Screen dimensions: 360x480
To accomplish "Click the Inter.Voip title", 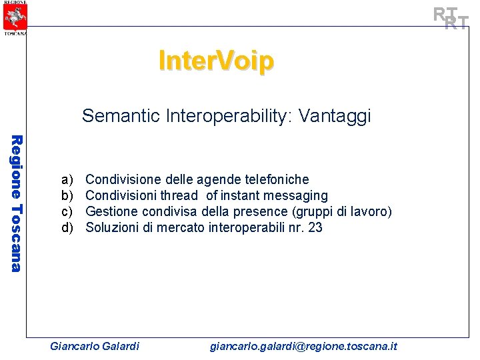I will click(x=216, y=61).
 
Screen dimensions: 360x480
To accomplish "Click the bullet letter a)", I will click(x=67, y=179).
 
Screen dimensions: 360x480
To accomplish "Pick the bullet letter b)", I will click(x=67, y=195).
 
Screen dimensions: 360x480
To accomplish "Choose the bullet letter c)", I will click(x=67, y=211).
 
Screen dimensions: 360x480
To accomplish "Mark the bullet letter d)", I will click(x=67, y=227).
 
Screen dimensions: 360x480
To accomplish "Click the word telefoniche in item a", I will click(x=278, y=179).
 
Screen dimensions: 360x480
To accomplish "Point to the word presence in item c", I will click(x=255, y=211).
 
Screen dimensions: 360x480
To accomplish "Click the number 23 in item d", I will click(x=316, y=227).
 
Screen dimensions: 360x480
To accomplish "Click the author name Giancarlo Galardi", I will click(x=95, y=346).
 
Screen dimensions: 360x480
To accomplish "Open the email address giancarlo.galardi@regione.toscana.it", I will click(x=303, y=346).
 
